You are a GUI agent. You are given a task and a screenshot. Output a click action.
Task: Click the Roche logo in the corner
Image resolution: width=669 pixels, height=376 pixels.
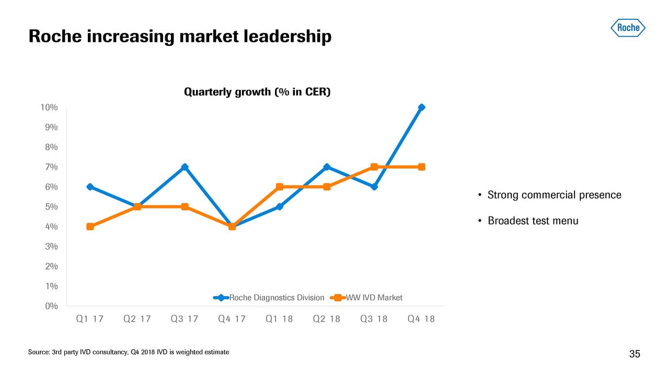point(628,28)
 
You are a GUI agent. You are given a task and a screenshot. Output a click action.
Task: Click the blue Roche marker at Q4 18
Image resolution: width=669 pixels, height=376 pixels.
point(421,108)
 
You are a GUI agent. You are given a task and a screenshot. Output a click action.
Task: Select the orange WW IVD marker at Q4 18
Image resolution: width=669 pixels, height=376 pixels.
point(421,167)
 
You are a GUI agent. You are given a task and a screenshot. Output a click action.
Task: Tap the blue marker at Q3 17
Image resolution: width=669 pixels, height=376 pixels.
point(184,167)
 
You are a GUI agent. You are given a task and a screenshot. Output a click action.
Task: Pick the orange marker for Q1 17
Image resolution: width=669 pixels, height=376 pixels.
point(90,227)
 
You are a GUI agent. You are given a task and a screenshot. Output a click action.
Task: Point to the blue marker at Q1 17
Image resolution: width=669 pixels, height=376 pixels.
point(90,187)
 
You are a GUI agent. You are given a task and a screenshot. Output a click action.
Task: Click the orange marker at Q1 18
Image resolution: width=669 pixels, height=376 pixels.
point(280,187)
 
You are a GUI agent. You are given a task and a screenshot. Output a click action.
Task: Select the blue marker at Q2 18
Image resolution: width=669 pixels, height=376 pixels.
point(327,167)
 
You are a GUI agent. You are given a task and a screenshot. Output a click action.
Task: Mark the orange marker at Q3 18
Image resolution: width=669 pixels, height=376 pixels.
point(374,167)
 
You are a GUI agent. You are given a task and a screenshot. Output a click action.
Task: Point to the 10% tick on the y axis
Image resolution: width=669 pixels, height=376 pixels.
point(49,108)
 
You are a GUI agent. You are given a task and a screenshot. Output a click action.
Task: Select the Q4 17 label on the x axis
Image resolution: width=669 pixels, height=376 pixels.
point(232,319)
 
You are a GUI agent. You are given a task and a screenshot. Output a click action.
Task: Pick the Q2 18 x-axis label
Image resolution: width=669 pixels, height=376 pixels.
point(327,319)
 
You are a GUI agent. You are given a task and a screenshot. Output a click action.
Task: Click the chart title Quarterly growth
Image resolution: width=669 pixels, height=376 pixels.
point(257,92)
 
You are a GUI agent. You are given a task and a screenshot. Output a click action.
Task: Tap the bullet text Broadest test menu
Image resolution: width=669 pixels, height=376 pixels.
point(533,221)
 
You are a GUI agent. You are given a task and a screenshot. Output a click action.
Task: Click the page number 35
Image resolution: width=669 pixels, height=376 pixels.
point(635,355)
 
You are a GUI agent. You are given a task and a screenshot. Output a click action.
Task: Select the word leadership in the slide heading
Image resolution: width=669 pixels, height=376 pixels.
point(280,37)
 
